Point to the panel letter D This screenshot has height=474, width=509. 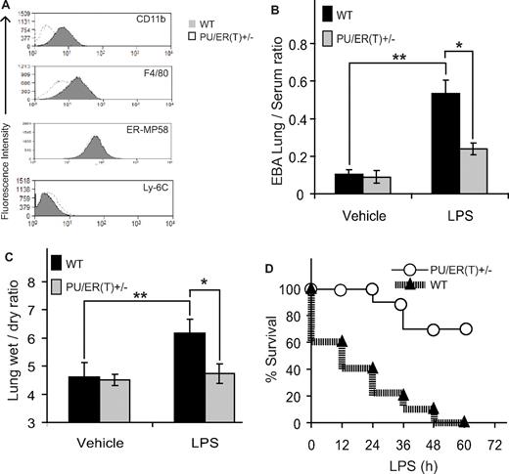tap(273, 259)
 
